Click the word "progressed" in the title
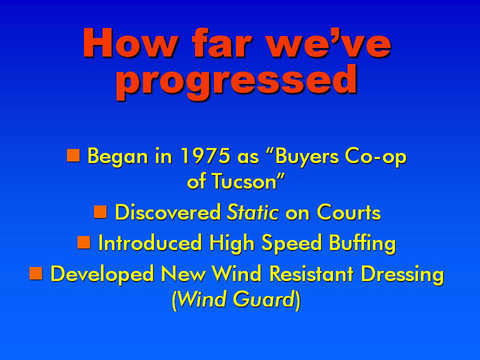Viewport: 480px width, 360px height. pos(236,81)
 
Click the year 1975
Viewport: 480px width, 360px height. pos(205,156)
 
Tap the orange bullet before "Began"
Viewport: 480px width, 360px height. pos(73,155)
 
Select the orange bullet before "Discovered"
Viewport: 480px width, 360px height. pos(100,212)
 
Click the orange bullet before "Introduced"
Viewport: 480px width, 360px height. pos(83,242)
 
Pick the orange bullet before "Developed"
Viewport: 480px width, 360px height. pos(36,273)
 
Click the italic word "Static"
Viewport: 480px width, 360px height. pos(252,212)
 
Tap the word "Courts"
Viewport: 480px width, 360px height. pos(348,212)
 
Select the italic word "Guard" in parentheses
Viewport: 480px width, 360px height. pos(263,299)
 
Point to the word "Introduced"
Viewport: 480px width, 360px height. pos(150,242)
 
